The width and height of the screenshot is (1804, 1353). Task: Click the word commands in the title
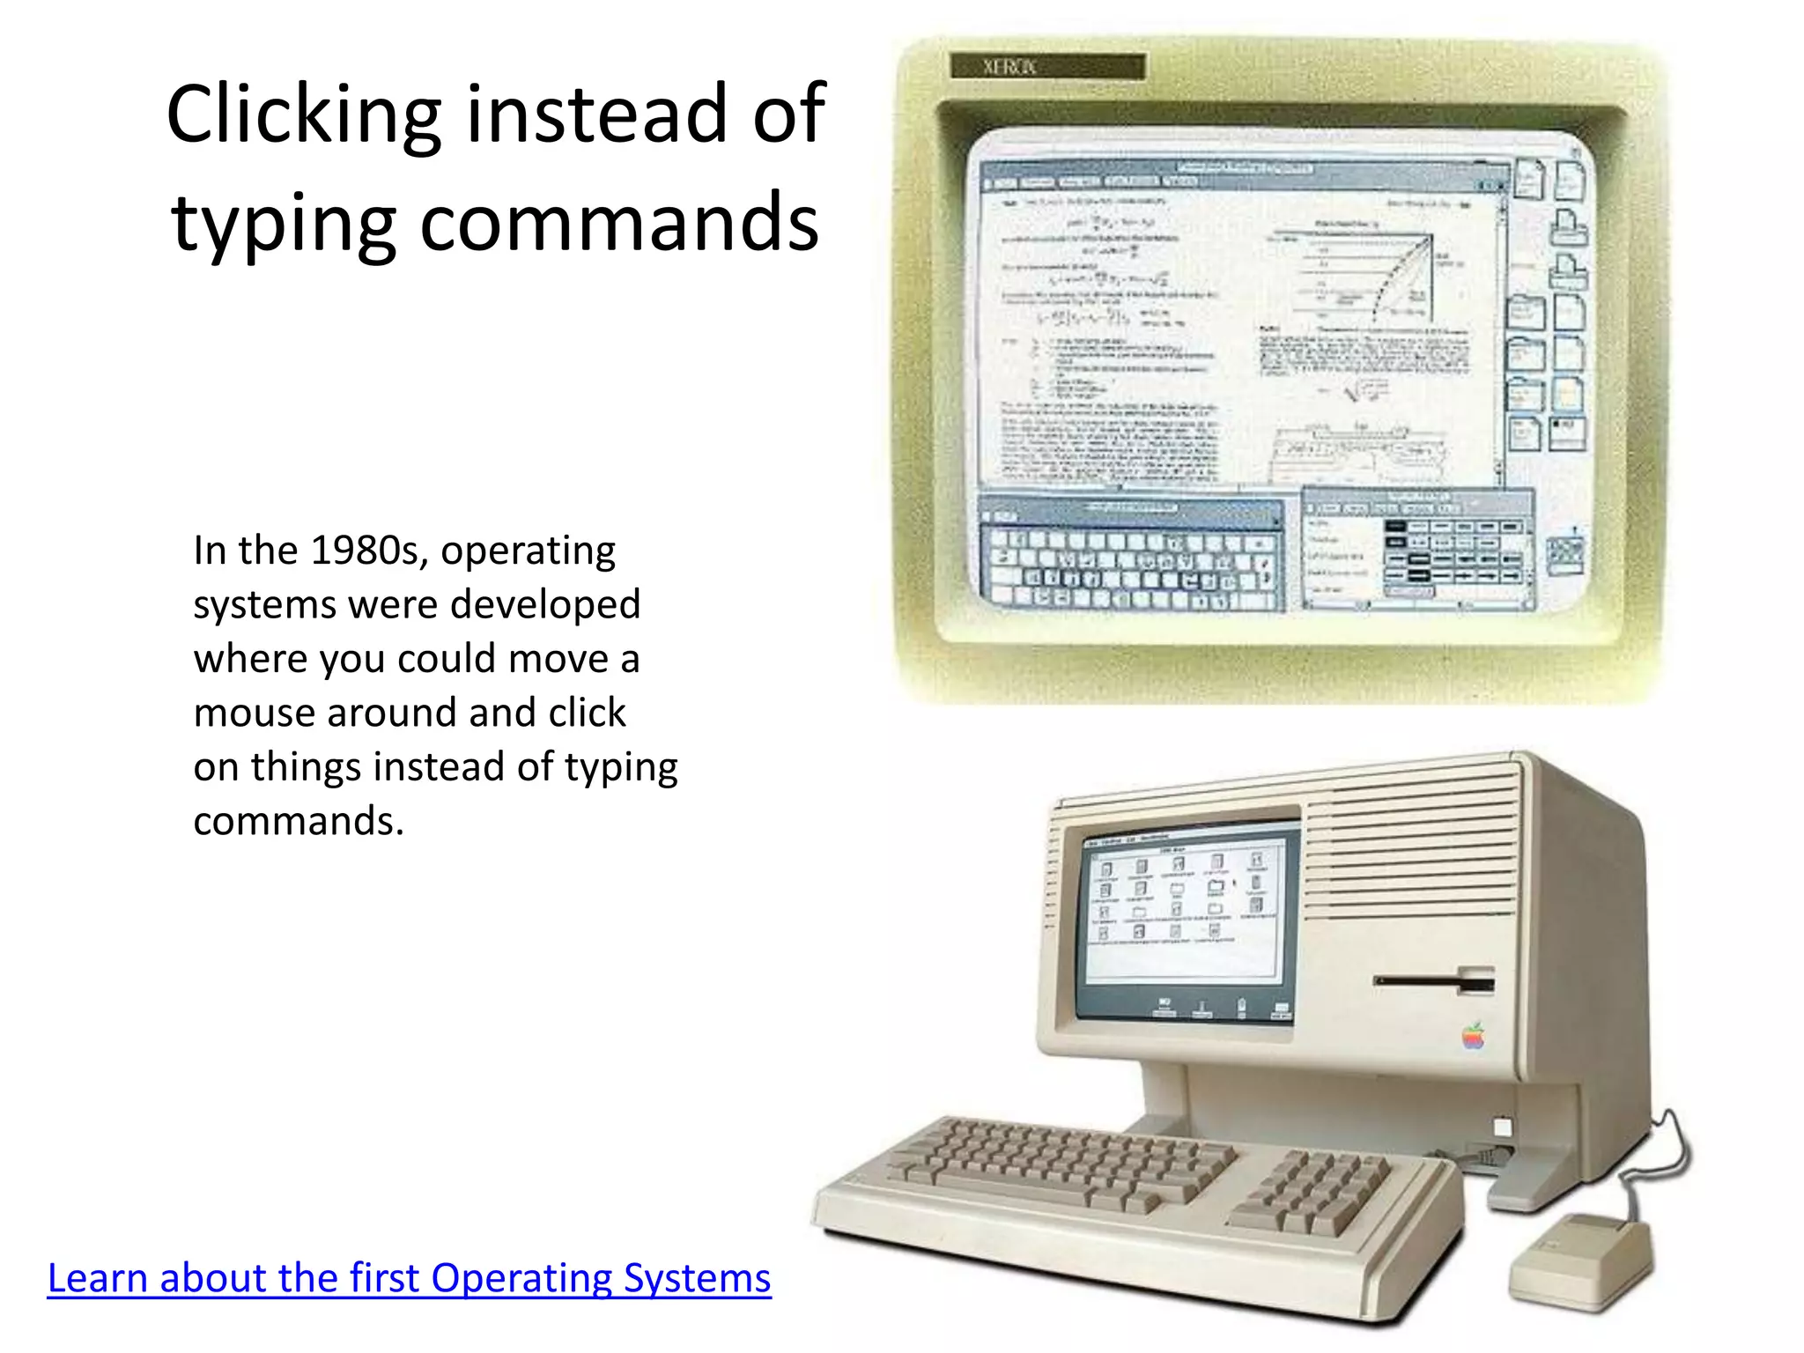tap(618, 222)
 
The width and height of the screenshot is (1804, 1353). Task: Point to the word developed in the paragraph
tap(546, 605)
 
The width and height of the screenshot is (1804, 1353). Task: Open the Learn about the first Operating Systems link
tap(409, 1278)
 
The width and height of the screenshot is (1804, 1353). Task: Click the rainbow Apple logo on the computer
tap(1474, 1037)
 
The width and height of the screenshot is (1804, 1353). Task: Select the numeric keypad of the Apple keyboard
tap(1313, 1192)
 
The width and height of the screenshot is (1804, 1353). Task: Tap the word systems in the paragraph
tap(264, 605)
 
